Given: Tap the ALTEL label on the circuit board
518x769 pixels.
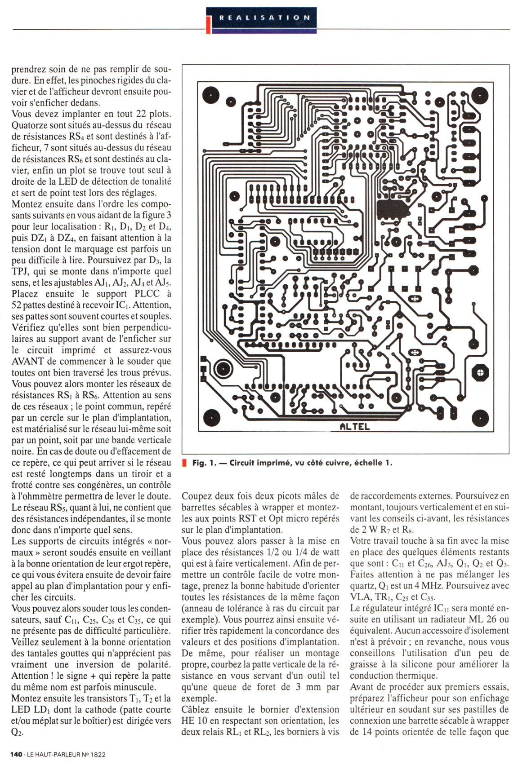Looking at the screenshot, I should [355, 426].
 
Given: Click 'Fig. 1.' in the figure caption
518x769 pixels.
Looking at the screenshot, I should [204, 463].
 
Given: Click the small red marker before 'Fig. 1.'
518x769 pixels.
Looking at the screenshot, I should [184, 463].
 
